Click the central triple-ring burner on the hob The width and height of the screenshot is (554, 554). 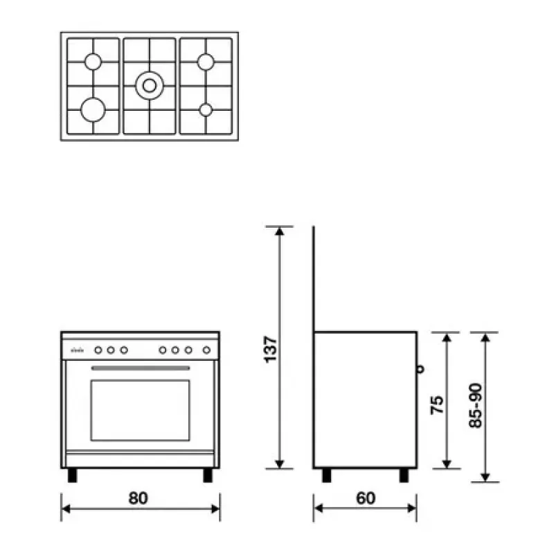pos(150,85)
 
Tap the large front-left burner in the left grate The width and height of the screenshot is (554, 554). pos(93,110)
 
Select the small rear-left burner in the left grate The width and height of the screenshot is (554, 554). pos(93,62)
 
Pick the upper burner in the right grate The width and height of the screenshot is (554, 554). pos(206,62)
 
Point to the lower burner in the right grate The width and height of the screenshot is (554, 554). pos(206,110)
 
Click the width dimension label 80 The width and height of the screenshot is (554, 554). pos(138,498)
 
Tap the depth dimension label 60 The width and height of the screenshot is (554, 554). pos(366,498)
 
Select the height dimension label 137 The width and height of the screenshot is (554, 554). pos(271,349)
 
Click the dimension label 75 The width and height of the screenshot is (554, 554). pos(437,405)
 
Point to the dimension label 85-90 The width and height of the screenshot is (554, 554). pos(476,406)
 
